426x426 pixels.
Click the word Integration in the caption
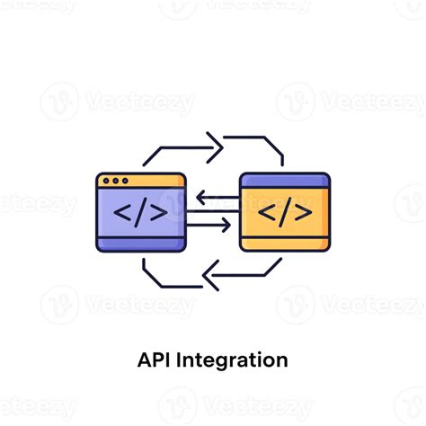point(232,360)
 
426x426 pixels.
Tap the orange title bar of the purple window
point(141,181)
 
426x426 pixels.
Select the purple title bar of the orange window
point(285,181)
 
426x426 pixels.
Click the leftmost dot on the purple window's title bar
point(106,181)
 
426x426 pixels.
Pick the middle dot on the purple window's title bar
point(116,181)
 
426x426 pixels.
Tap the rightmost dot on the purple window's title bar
point(125,181)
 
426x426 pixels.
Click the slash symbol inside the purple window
point(141,212)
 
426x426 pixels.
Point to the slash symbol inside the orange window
point(285,212)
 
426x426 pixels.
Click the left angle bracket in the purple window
point(122,213)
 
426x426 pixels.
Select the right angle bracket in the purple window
point(159,213)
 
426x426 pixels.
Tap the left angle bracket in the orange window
point(267,213)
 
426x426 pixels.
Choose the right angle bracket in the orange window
point(303,213)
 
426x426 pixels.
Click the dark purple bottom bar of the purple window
point(141,244)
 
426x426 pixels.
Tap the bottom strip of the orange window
point(285,244)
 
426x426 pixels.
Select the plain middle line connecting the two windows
point(213,211)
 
